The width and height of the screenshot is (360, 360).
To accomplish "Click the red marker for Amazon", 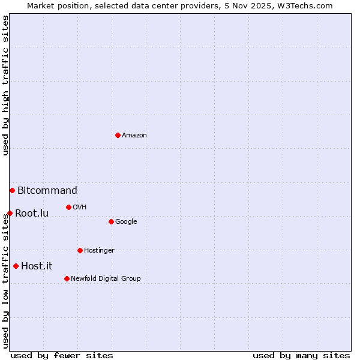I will click(118, 135).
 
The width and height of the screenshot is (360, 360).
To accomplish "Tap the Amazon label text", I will click(134, 136).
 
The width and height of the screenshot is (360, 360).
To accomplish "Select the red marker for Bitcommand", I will click(12, 190).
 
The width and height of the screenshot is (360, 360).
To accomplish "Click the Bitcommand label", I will click(47, 191).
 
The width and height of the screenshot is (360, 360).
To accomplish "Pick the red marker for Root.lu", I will click(10, 213).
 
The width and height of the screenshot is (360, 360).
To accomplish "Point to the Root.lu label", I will click(32, 213).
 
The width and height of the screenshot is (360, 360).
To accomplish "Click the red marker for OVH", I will click(68, 207).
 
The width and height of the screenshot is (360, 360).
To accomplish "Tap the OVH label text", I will click(80, 208).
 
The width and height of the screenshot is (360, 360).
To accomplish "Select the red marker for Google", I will click(111, 221).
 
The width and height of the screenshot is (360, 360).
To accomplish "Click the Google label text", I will click(126, 222).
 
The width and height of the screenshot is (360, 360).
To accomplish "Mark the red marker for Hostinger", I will click(80, 250).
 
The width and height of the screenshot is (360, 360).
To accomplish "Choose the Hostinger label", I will click(99, 251).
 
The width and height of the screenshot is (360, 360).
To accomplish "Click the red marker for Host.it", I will click(16, 266).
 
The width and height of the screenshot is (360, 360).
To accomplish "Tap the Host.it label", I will click(37, 266).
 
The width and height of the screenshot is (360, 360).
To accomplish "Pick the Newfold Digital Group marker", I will click(67, 278).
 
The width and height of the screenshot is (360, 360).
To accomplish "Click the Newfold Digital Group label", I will click(106, 279).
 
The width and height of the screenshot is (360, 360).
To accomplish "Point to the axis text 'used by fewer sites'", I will click(62, 355).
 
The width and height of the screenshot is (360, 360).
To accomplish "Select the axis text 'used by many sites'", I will click(301, 355).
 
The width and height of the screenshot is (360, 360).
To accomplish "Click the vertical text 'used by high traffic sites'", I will click(5, 86).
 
